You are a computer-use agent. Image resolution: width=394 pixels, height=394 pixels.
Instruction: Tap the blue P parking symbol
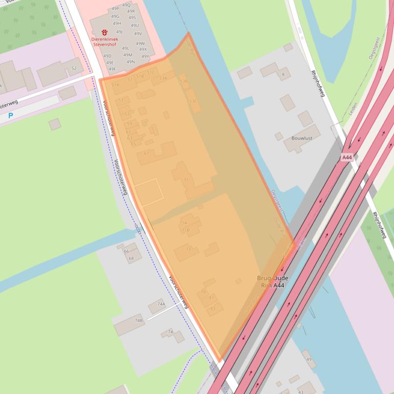point(10,116)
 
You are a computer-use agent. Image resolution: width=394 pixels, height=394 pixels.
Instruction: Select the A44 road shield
point(347,158)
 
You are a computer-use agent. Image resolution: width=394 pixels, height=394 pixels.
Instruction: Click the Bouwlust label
point(301,138)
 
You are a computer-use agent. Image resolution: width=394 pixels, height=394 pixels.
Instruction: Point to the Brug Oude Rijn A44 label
point(272,281)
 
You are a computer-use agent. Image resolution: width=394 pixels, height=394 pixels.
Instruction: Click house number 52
point(74,68)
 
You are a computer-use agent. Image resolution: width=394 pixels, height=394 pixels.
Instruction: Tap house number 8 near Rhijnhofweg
point(283,75)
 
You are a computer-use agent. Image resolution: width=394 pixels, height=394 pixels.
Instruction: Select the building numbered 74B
point(138,321)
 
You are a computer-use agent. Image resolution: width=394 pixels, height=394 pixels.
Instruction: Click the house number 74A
point(161,304)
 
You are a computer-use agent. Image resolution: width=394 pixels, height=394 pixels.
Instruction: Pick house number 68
point(131,258)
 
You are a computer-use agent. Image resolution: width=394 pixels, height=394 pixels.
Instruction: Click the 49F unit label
point(112,69)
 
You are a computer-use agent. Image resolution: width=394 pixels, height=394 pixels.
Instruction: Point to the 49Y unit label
point(145,56)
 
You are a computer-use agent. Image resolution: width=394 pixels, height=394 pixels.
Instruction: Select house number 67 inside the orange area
point(147,153)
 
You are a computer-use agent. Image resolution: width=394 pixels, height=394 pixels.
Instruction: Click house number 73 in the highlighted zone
point(189,249)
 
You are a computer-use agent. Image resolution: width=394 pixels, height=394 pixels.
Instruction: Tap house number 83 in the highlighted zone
point(213,308)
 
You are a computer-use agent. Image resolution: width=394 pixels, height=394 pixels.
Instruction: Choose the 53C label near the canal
point(193,101)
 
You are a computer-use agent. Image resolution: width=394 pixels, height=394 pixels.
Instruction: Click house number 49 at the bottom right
point(309,359)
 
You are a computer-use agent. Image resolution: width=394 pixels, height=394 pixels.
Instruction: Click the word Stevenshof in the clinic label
point(105,45)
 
